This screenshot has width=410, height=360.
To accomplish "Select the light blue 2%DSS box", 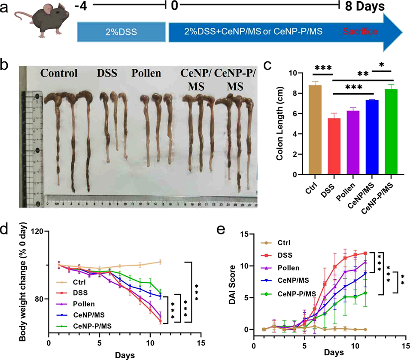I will pos(121,32).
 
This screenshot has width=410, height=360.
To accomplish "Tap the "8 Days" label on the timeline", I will pos(362,7).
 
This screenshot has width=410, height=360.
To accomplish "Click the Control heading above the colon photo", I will pos(59,73).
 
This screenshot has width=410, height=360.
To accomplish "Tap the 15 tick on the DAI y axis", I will pos(245,234).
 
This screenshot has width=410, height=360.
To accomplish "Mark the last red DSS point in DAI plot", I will pos(365,253).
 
